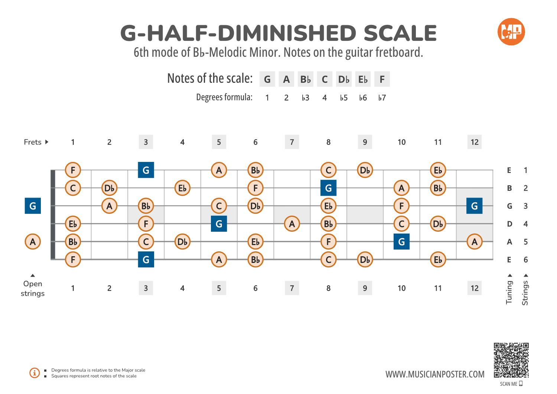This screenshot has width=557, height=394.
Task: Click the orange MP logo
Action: [x=511, y=32]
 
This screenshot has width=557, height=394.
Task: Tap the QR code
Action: [x=511, y=360]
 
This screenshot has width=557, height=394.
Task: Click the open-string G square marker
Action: [x=33, y=206]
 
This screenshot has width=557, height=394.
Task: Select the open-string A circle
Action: [x=33, y=242]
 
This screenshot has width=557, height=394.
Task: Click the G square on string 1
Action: [x=146, y=170]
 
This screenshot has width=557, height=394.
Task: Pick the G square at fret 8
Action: [x=328, y=188]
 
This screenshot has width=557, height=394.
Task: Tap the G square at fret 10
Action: [x=401, y=242]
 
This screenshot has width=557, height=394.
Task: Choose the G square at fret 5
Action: [x=219, y=224]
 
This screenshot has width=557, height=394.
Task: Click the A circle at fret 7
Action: [x=292, y=224]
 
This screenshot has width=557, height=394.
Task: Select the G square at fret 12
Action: [x=474, y=206]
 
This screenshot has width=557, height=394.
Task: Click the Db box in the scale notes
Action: [x=343, y=79]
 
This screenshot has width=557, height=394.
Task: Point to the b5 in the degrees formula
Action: [x=343, y=98]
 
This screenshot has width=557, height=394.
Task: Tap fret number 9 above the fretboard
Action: [x=365, y=142]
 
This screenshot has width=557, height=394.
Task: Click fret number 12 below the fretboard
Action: [x=474, y=288]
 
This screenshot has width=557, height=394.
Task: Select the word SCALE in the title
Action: [x=400, y=33]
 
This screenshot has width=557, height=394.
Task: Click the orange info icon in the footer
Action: [x=35, y=373]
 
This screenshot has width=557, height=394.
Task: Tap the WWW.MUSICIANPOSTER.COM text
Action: [x=435, y=374]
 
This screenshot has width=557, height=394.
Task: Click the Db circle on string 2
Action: [x=109, y=188]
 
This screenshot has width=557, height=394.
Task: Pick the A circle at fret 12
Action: [x=474, y=242]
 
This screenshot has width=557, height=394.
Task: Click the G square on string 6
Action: [x=146, y=260]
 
